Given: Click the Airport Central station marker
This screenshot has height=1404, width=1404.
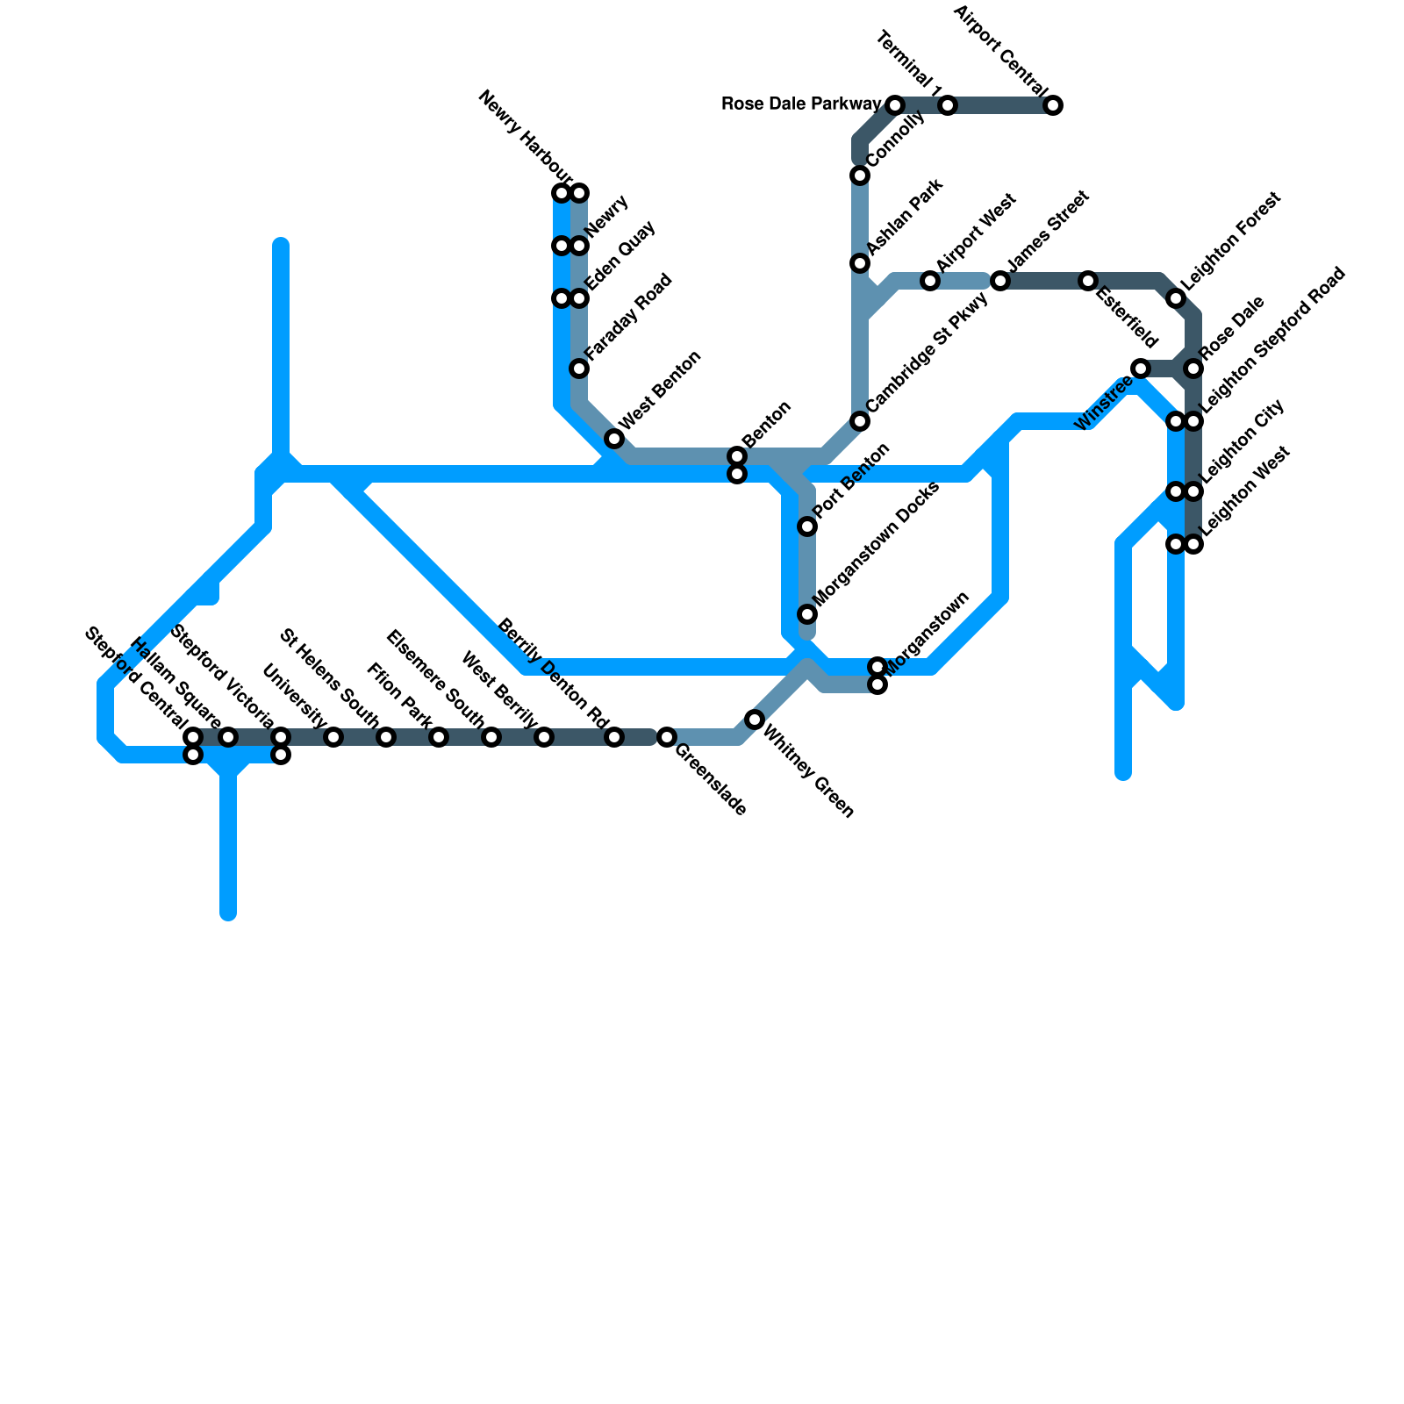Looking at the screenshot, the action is pos(1053,106).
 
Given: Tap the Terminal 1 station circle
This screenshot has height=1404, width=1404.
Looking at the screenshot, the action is pos(948,106).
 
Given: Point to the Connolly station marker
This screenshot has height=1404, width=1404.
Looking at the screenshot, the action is pos(860,176).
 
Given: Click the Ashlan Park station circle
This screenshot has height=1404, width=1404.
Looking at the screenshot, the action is pos(860,264).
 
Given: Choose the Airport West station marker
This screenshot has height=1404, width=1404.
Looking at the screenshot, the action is pos(930,282).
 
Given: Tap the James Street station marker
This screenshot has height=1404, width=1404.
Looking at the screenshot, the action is pos(1000,282).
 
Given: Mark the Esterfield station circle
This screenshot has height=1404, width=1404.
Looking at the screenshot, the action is pos(1088,282).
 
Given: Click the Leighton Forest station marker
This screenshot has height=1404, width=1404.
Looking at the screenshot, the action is pos(1176,299).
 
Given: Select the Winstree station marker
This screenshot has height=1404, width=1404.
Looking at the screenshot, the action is pos(1141,369).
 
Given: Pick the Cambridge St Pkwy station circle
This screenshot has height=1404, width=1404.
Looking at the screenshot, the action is pos(860,422).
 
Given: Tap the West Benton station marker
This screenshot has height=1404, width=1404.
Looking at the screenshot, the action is pos(614,439).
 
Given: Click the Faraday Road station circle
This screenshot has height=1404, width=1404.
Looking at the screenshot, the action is pos(579,369).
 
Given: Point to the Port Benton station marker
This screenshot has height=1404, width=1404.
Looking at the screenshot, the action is pos(807,526).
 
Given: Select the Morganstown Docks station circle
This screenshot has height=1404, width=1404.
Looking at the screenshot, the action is pos(807,614).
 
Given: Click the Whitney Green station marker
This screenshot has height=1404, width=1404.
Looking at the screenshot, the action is pos(755,720).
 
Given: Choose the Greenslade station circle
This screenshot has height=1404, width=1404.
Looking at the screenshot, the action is pos(667,737).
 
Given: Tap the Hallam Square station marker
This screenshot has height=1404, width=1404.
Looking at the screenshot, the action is pos(228,737).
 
